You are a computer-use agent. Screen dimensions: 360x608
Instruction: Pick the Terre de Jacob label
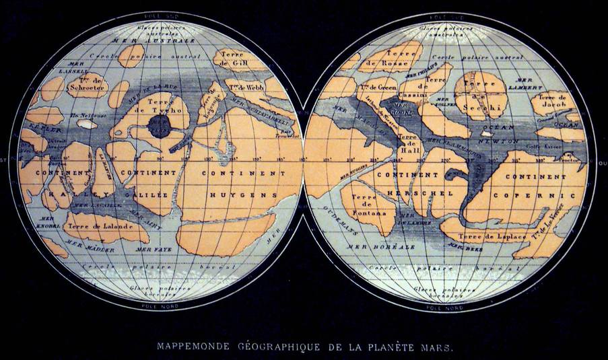pyautogui.click(x=551, y=101)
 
